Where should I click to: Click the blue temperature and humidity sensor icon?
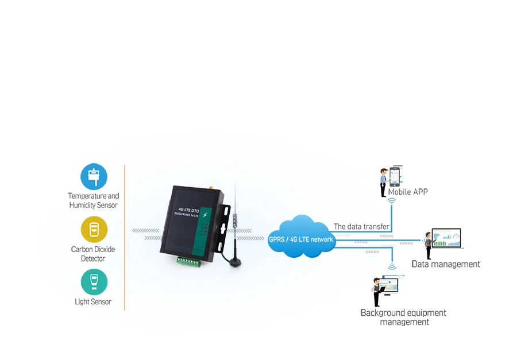(94, 176)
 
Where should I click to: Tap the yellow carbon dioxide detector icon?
(94, 230)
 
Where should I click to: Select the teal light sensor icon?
(94, 282)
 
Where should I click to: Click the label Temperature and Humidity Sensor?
(93, 200)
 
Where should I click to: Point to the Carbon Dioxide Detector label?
(93, 254)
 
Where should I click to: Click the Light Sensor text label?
(93, 301)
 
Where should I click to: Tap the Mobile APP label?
(408, 192)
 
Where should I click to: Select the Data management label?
(446, 264)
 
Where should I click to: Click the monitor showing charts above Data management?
(447, 238)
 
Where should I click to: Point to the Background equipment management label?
(403, 318)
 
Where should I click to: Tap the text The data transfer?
(361, 227)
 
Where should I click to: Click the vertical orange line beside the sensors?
(125, 238)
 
